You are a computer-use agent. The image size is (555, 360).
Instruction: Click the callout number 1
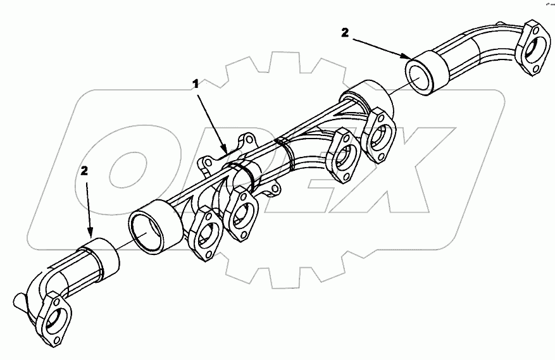[x=197, y=83]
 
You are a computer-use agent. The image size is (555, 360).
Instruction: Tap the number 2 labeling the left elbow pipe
[x=85, y=171]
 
